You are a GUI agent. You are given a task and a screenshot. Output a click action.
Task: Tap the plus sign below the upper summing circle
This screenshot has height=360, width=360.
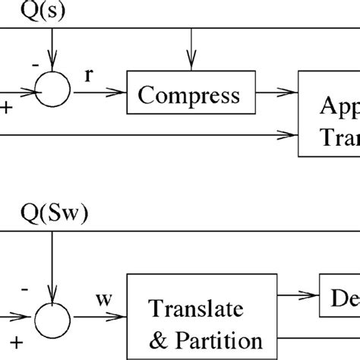click(8, 109)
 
